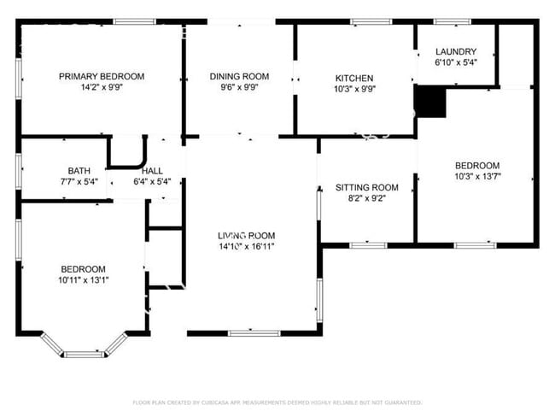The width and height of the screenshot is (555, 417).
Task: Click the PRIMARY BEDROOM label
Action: (102, 76)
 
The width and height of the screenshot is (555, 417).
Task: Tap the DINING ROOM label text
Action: (239, 76)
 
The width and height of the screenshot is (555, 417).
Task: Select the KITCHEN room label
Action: (353, 79)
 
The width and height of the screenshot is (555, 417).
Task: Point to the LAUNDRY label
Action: (455, 51)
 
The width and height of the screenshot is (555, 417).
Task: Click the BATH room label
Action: (79, 171)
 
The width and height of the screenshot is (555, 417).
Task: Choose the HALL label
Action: (153, 171)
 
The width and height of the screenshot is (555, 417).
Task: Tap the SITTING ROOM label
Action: (367, 187)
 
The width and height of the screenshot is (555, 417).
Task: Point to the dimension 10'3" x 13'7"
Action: (476, 177)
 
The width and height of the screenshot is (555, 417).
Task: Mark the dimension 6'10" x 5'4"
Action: (455, 62)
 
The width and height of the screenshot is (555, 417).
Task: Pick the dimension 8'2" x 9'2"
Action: (367, 199)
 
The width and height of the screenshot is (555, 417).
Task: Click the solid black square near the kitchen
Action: (430, 101)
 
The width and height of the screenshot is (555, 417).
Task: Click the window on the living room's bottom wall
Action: (254, 332)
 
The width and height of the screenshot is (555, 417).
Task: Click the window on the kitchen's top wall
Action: (365, 21)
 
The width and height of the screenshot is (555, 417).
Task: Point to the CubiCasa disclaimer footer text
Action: (277, 402)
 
